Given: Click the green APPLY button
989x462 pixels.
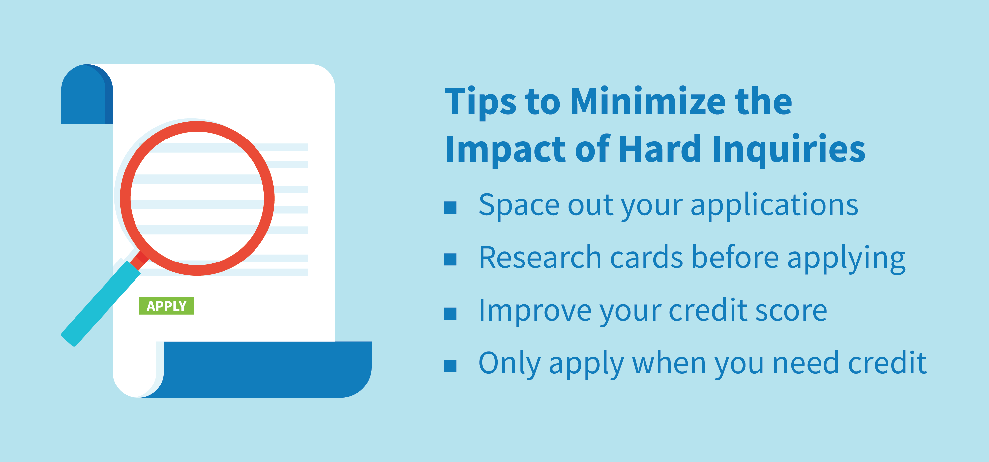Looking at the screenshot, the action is click(166, 306).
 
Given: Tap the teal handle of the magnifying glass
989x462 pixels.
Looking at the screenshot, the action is click(101, 303).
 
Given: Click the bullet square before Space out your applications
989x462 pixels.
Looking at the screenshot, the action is click(450, 207).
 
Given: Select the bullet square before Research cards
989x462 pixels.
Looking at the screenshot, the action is click(450, 259).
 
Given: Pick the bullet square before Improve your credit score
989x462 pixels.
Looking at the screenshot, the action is click(450, 313).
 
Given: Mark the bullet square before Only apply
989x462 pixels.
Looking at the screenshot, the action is click(450, 366).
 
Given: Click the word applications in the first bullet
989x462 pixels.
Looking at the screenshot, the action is click(774, 206).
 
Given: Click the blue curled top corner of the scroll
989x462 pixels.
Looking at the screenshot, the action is click(87, 94).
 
